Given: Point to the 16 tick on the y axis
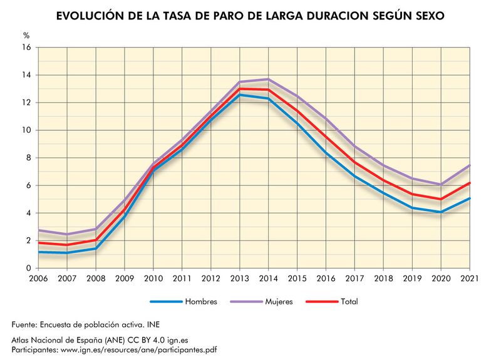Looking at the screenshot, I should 26,48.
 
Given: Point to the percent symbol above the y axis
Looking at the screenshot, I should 26,36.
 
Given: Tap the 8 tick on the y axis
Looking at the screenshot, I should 28,158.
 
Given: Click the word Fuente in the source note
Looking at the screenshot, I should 25,325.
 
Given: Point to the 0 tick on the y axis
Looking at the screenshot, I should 28,268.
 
